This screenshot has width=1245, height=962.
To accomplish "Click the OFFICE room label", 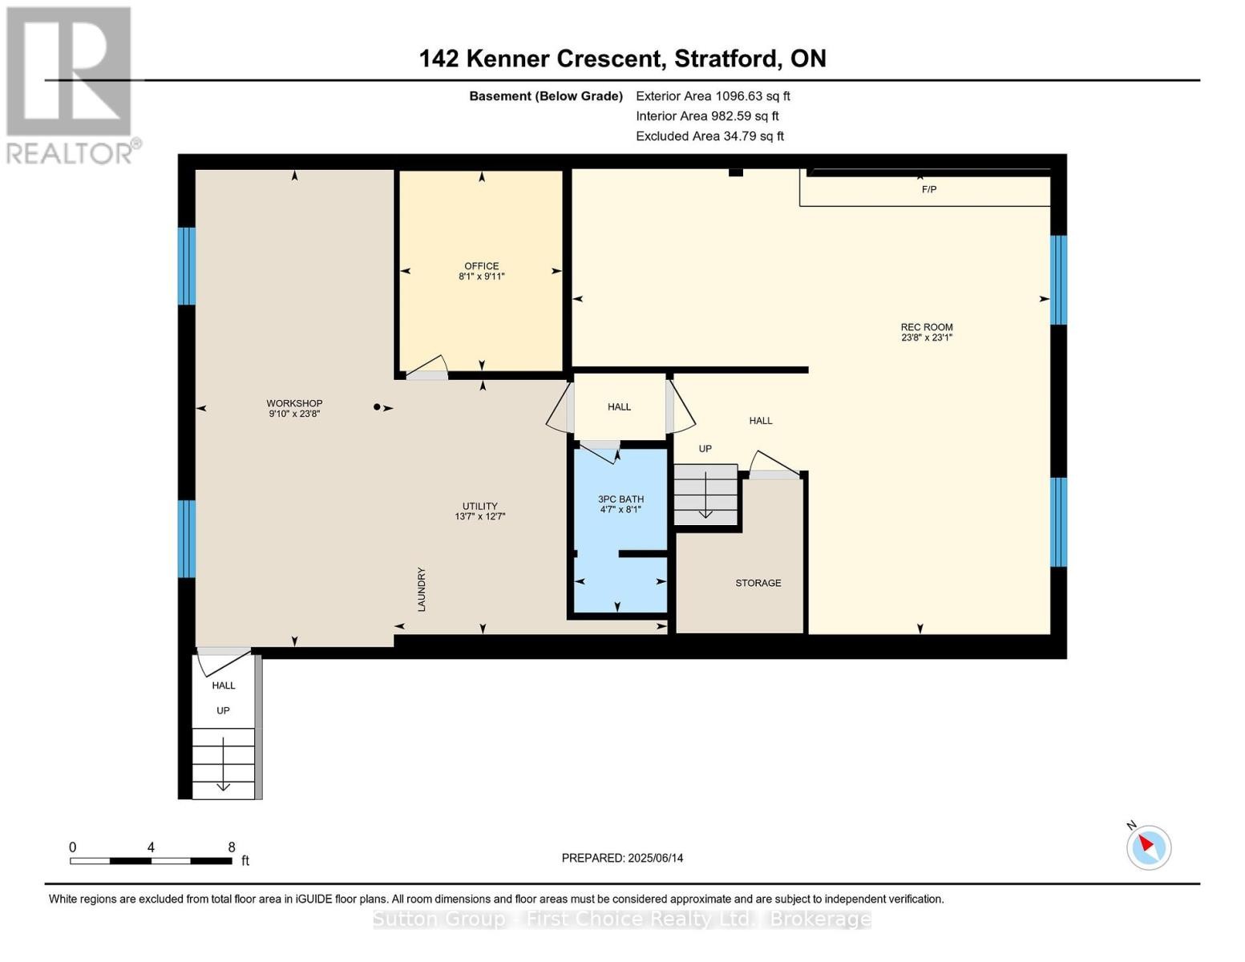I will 481,266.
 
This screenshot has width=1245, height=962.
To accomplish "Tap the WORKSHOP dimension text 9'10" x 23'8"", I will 294,414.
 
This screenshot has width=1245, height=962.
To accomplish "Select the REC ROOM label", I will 926,327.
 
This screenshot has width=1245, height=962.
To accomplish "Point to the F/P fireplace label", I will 928,190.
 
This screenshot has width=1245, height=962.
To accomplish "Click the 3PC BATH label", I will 620,499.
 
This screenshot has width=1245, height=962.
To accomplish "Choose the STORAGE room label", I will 758,583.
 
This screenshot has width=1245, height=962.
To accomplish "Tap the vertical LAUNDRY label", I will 422,589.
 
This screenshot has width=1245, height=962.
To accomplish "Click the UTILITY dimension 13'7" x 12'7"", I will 479,517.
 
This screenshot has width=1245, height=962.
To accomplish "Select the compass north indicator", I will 1148,846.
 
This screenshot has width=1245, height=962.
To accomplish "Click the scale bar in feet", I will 151,860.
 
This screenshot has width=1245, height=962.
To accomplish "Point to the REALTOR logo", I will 71,84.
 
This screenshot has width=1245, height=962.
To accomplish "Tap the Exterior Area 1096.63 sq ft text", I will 713,96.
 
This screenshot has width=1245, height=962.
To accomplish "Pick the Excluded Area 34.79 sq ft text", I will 709,136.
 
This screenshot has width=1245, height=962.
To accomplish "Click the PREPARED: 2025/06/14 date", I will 622,858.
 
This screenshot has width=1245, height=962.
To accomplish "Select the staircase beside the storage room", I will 705,495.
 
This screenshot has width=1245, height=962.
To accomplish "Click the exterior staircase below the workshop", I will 223,762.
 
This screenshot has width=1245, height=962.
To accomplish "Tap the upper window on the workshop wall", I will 187,266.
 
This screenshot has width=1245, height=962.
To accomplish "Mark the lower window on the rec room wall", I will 1058,522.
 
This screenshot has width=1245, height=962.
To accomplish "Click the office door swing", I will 426,367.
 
